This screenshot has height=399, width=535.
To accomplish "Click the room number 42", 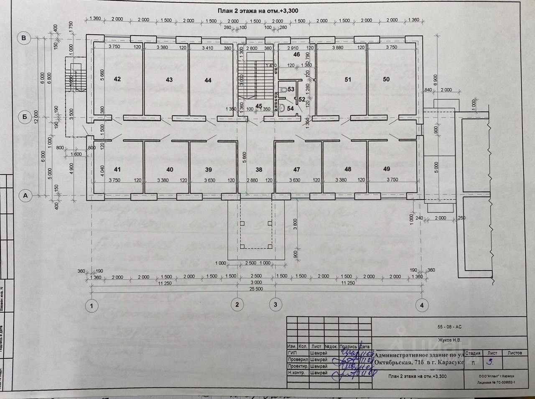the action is pyautogui.click(x=117, y=79).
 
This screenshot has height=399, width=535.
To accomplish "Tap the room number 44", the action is pyautogui.click(x=208, y=80).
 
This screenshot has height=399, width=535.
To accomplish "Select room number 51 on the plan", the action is pyautogui.click(x=348, y=79).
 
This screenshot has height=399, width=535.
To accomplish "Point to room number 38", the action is pyautogui.click(x=259, y=169).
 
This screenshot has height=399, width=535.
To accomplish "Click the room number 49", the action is pyautogui.click(x=386, y=169).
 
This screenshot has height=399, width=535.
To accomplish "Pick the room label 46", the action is pyautogui.click(x=296, y=55).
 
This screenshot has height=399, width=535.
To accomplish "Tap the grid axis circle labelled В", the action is pyautogui.click(x=24, y=38).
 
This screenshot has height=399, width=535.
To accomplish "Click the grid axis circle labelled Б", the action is pyautogui.click(x=24, y=118).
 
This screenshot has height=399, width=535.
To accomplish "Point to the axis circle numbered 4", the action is pyautogui.click(x=422, y=305).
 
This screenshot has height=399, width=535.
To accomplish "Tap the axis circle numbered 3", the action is pyautogui.click(x=275, y=304).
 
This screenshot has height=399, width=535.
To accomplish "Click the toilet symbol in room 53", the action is pyautogui.click(x=283, y=89).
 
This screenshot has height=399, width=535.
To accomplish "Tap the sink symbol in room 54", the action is pyautogui.click(x=283, y=108).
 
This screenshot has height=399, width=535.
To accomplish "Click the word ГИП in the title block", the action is pyautogui.click(x=292, y=353).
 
